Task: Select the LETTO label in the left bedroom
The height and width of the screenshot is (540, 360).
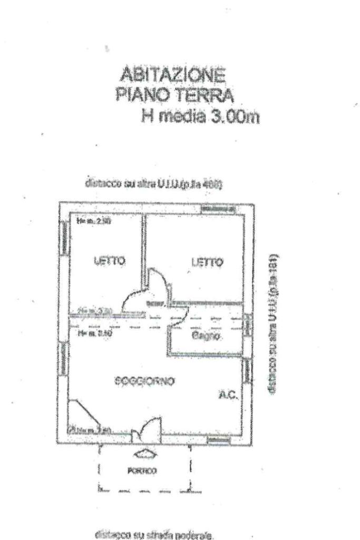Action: click(109, 260)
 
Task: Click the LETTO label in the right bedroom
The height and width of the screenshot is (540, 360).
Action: click(208, 262)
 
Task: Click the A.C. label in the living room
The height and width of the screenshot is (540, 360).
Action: click(229, 394)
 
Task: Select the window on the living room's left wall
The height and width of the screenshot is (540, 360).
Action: click(65, 358)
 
